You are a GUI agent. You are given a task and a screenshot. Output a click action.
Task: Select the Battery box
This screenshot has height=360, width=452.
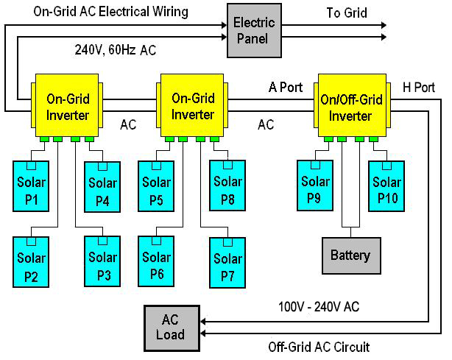[x=350, y=255]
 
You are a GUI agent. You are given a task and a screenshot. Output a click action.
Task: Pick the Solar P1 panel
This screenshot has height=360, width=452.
[x=31, y=191]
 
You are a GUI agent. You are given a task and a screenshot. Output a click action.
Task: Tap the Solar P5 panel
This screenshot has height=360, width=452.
[x=156, y=191]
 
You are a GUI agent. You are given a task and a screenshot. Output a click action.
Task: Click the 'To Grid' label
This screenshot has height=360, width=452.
[x=345, y=13]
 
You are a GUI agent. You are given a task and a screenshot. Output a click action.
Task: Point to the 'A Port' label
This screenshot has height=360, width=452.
[x=285, y=88]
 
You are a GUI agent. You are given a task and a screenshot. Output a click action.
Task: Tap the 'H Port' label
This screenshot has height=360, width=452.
[x=419, y=88]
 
